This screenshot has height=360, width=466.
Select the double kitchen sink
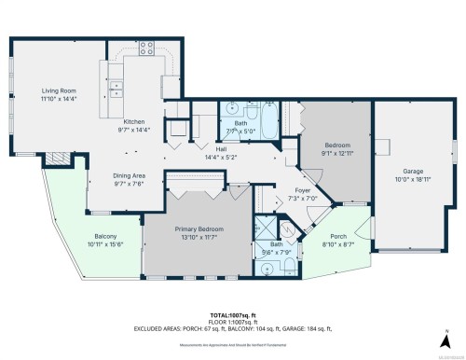(116, 90)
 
